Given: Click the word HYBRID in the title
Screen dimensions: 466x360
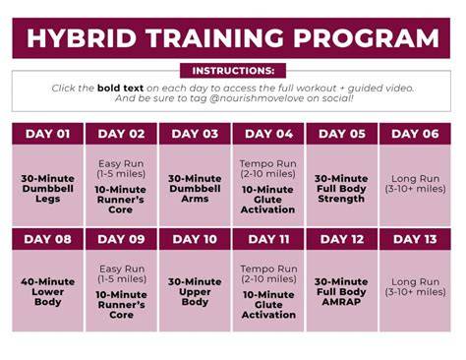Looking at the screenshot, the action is (x=82, y=38).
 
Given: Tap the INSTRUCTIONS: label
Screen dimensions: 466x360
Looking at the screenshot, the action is (x=233, y=71).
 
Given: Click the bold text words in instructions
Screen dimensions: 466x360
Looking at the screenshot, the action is (x=120, y=88).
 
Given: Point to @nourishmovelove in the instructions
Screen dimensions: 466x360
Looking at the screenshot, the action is (x=257, y=98).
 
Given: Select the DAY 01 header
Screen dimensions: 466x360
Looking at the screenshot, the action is (x=48, y=134).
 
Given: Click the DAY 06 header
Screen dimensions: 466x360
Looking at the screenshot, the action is (x=415, y=134).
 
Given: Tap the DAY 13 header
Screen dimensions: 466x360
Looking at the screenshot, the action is (x=415, y=239).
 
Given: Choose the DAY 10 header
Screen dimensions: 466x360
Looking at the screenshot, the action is (x=195, y=239).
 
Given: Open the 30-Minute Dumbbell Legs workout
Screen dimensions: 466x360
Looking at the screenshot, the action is (x=48, y=189).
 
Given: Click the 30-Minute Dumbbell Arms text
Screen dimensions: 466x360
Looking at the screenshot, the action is (x=195, y=189).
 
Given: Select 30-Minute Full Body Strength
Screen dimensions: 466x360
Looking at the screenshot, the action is (x=341, y=189).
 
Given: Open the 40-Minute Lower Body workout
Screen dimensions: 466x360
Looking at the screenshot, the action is (x=48, y=292).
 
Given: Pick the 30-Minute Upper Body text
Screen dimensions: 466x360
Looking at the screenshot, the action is (x=195, y=292).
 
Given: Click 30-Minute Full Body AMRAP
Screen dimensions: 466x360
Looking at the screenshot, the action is (x=341, y=292).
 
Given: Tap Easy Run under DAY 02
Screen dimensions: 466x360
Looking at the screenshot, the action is (x=121, y=163).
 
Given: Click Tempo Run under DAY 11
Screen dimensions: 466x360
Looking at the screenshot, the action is (x=268, y=269).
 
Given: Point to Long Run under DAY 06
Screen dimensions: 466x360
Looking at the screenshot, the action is (x=415, y=179).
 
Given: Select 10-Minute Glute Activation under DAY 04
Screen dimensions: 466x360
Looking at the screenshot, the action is (x=267, y=200).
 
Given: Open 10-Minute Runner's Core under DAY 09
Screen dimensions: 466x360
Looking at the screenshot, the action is (x=121, y=305).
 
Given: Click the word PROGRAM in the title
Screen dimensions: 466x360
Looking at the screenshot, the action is (x=366, y=38).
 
